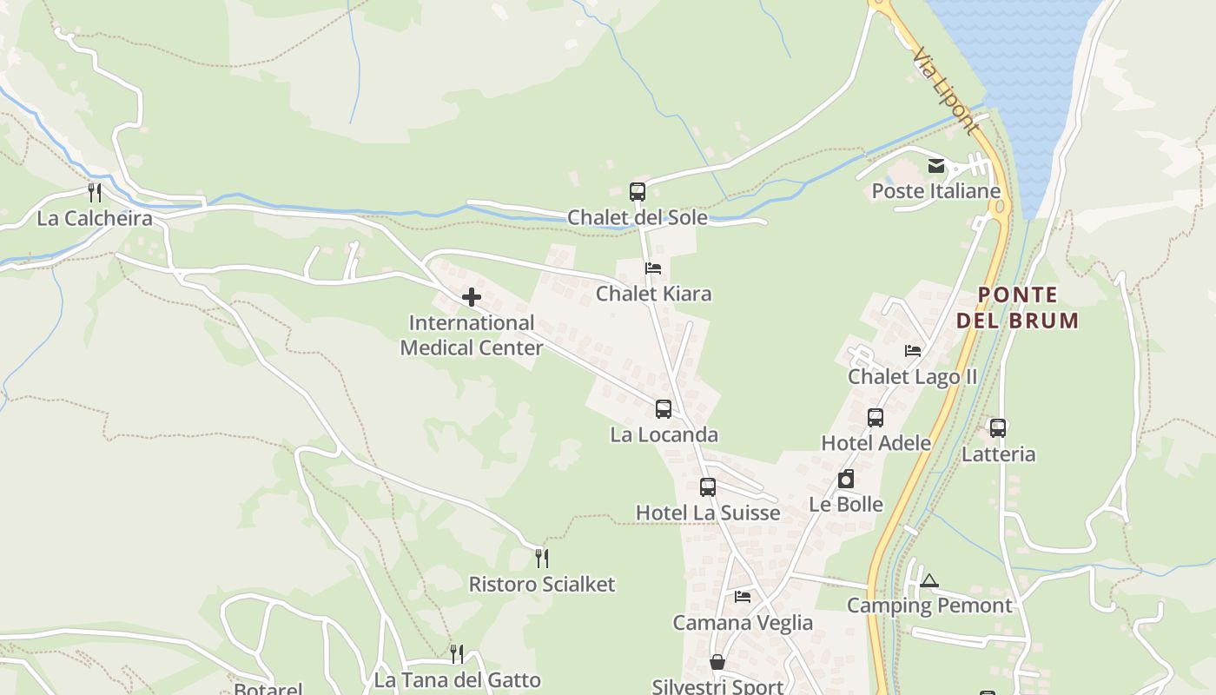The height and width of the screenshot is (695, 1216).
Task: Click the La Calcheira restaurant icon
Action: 95,192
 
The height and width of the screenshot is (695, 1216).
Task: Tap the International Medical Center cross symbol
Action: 472,297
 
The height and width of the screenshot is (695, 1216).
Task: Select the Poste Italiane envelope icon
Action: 936,166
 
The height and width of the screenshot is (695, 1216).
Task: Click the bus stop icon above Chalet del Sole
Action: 638,191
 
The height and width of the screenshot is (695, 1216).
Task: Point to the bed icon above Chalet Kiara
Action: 653,268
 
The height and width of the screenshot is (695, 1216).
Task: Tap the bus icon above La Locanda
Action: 664,408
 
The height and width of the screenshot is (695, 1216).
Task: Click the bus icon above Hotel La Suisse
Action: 708,487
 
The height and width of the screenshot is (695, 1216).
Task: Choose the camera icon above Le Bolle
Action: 846,479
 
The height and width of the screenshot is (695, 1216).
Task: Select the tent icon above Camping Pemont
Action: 929,580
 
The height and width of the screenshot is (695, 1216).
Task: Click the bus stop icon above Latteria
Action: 998,427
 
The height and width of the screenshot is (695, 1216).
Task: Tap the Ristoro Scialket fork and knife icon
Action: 542,558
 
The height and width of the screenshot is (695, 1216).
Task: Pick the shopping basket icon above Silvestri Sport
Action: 717,662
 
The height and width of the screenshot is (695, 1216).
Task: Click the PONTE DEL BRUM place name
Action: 1017,308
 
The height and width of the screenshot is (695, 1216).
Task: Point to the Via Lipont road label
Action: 945,90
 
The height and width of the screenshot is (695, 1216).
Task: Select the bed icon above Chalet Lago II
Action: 913,351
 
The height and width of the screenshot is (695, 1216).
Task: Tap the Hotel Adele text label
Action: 876,443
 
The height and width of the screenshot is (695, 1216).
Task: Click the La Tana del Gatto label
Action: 457,680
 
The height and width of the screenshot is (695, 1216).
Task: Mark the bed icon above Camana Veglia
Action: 743,597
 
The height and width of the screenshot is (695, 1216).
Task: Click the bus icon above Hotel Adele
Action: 876,418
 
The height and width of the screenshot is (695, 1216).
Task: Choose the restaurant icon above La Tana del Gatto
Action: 457,653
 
